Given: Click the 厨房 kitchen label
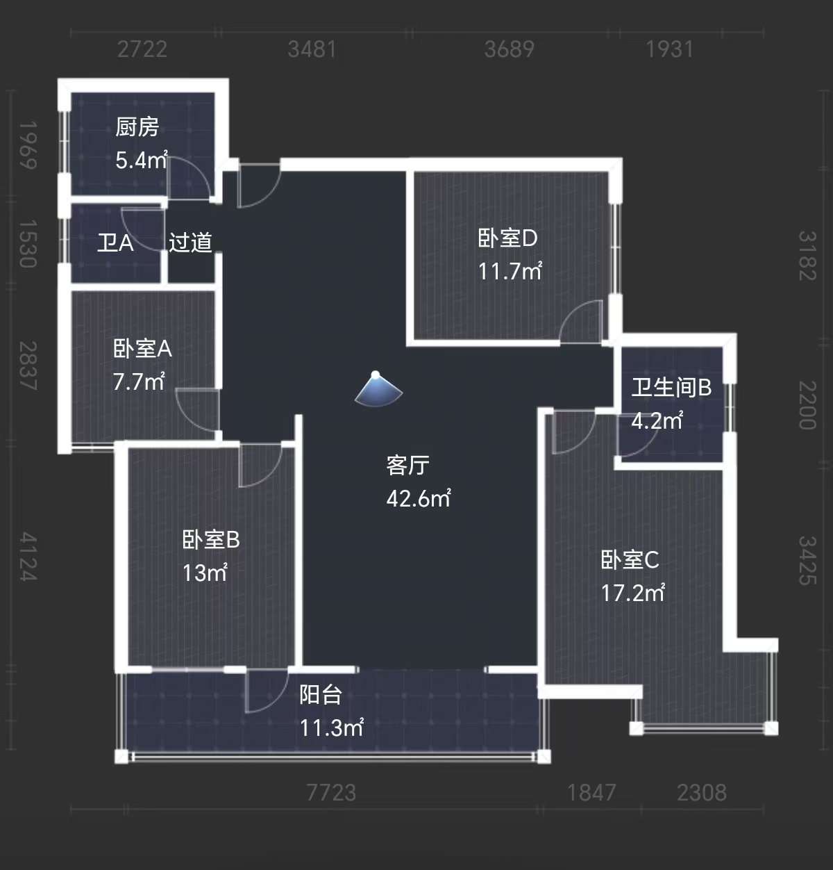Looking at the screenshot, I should (137, 127).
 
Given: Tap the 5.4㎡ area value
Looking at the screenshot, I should (141, 161).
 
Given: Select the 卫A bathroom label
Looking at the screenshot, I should (115, 243).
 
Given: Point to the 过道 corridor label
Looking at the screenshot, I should (190, 243).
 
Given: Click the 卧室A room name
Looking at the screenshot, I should (142, 348).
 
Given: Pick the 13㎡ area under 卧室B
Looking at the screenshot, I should (205, 573).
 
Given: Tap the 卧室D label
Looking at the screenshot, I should (507, 238).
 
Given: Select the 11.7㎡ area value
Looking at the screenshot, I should (510, 271).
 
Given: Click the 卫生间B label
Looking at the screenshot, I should (671, 387).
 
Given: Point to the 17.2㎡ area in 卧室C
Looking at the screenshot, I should (632, 593).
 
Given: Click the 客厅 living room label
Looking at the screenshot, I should (407, 465).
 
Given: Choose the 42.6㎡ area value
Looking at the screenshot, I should (418, 498).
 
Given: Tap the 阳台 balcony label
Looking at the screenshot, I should (320, 694).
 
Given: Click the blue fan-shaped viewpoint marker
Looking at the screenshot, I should (378, 389).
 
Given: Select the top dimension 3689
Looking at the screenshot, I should (509, 49).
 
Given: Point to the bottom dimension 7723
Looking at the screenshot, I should (331, 792).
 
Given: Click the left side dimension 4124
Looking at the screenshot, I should (28, 556).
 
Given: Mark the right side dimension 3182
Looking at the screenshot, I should (807, 255).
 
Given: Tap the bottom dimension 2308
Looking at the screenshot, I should (702, 792).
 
